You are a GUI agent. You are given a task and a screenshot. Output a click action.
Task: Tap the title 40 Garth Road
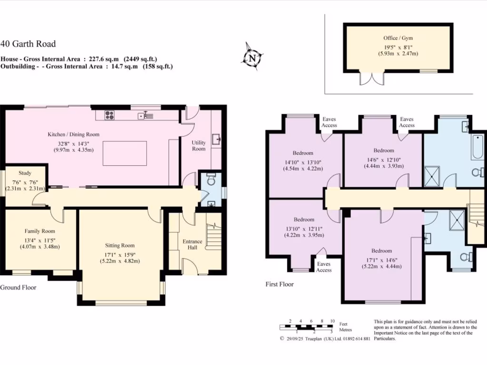click(x=28, y=44)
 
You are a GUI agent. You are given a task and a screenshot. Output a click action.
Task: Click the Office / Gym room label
click(x=398, y=38)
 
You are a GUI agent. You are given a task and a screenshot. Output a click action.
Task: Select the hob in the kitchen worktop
click(x=110, y=115)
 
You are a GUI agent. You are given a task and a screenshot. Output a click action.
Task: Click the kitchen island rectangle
click(x=125, y=154)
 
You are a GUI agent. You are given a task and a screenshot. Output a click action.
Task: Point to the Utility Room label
click(x=199, y=145)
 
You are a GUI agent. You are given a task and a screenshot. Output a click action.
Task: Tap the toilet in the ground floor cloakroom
click(x=211, y=179)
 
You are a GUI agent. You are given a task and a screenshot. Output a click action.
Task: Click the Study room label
click(x=25, y=173)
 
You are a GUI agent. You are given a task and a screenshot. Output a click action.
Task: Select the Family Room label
click(x=40, y=231)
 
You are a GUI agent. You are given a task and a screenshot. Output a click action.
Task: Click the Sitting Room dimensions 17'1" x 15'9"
click(x=120, y=255)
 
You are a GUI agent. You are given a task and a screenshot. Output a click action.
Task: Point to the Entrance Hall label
click(x=192, y=244)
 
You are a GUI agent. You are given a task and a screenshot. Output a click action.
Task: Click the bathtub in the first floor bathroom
click(x=477, y=147)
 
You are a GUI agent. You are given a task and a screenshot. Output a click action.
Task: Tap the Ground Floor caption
click(x=19, y=288)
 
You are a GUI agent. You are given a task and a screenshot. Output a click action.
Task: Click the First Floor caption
click(x=280, y=284)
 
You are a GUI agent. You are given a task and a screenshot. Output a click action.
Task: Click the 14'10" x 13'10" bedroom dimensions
click(x=303, y=163)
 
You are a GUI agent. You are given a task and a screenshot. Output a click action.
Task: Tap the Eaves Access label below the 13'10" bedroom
click(x=323, y=267)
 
